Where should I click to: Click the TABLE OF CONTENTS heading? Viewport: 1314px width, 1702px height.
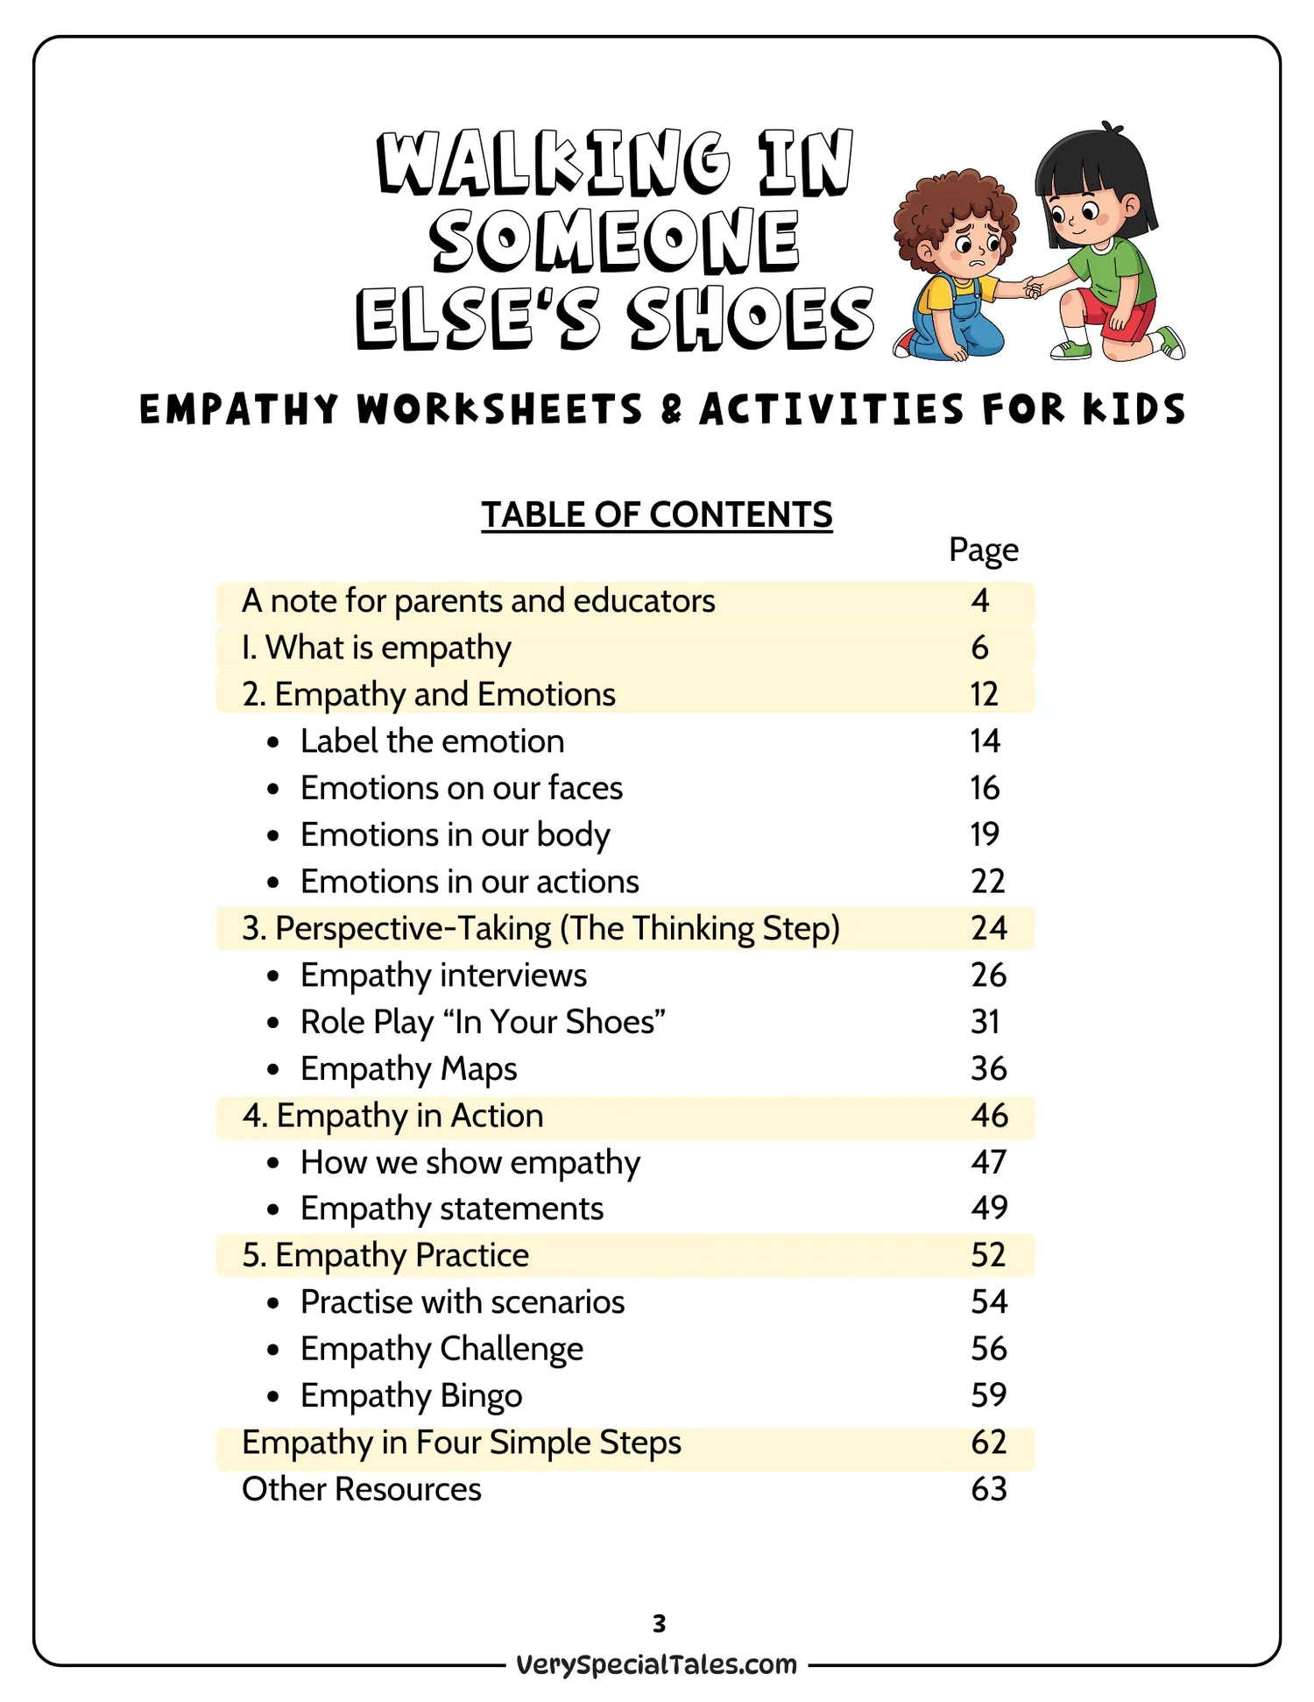pos(656,514)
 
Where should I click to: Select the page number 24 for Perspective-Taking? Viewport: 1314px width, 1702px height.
pos(988,928)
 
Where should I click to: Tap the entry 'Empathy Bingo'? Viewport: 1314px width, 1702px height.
pos(411,1395)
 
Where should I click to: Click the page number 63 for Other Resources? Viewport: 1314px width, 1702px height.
pos(988,1489)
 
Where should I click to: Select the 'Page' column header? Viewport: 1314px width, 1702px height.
pos(983,550)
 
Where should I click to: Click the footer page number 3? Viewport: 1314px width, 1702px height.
pos(659,1623)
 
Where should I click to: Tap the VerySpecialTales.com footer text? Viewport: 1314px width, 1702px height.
pos(656,1664)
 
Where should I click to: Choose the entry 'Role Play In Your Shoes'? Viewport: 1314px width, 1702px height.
pos(483,1022)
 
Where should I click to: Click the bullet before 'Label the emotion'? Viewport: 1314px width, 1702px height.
pos(273,742)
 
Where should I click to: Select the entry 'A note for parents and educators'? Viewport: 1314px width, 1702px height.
pos(478,601)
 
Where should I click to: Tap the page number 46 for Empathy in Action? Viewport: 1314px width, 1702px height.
pos(988,1115)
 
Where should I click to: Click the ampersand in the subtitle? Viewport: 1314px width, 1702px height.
pos(671,409)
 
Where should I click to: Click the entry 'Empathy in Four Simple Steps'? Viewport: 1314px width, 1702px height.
pos(461,1443)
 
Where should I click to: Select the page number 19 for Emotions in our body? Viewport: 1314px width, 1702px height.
pos(984,834)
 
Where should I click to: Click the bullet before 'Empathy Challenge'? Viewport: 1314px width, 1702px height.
pos(273,1350)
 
